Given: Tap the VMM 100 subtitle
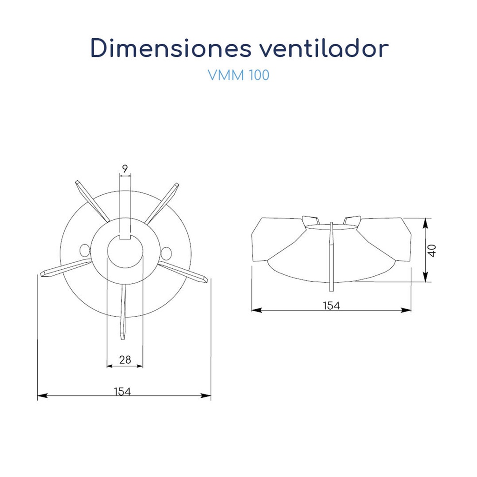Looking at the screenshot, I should [x=238, y=75].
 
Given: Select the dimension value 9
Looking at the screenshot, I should [x=125, y=169].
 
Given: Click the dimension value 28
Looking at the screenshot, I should [x=124, y=360].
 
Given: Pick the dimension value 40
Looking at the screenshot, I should [x=433, y=250].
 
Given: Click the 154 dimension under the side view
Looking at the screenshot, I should [x=331, y=305].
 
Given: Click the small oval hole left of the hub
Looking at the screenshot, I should [x=84, y=251].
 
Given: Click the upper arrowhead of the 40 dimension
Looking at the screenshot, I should [x=426, y=222].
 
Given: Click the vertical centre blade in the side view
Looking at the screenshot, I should [x=331, y=252].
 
